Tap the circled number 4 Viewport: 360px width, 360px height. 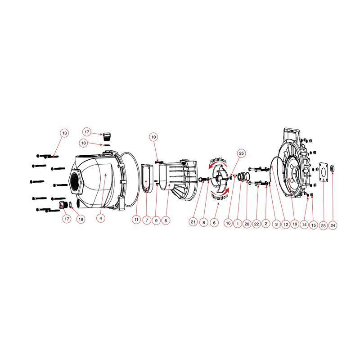(x=101, y=218)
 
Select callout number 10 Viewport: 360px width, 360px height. (x=153, y=137)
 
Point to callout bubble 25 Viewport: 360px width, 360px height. (x=241, y=153)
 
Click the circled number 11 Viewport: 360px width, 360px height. (x=136, y=220)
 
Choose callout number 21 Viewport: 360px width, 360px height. (x=193, y=221)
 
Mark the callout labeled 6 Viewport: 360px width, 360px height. (x=214, y=223)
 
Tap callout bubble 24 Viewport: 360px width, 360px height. (x=333, y=225)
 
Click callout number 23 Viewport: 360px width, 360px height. (x=323, y=225)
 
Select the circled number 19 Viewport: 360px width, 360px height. (x=295, y=223)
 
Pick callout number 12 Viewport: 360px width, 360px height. (x=285, y=223)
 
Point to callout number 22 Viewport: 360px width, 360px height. (x=256, y=223)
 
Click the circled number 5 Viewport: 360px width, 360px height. (x=166, y=220)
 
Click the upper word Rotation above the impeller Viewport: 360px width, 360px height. (x=219, y=161)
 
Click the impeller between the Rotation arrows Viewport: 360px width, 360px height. (x=219, y=179)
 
